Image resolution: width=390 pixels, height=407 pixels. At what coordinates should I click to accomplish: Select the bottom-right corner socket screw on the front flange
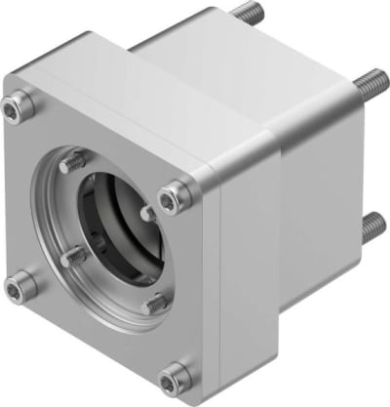(175, 374)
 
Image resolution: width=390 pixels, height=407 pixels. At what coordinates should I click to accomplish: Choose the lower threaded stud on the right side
(370, 228)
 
